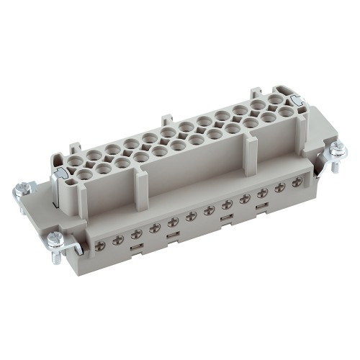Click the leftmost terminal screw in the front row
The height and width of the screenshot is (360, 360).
click(99, 246)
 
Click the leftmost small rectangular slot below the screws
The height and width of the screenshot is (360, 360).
click(133, 251)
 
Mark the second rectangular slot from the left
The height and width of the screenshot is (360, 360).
click(171, 238)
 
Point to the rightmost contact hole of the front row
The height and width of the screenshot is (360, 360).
click(288, 112)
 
